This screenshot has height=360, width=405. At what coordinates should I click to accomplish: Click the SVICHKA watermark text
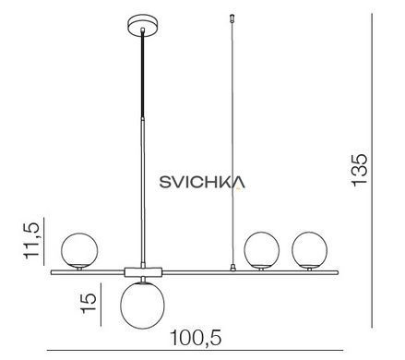(202, 182)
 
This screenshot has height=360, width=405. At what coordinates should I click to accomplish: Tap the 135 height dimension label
(359, 169)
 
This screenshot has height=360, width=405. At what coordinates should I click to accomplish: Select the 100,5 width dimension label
(196, 338)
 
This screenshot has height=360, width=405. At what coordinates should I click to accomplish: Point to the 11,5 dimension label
(31, 240)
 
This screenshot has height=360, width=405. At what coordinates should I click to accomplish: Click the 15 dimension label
(89, 303)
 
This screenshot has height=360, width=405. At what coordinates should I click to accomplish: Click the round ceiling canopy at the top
(143, 26)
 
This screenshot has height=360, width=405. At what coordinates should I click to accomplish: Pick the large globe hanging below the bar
(142, 306)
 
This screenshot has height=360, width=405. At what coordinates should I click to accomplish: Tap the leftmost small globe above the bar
(79, 250)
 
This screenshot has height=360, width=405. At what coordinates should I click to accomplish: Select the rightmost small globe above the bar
(310, 250)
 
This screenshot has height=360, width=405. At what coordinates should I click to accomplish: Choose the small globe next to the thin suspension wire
(262, 250)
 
